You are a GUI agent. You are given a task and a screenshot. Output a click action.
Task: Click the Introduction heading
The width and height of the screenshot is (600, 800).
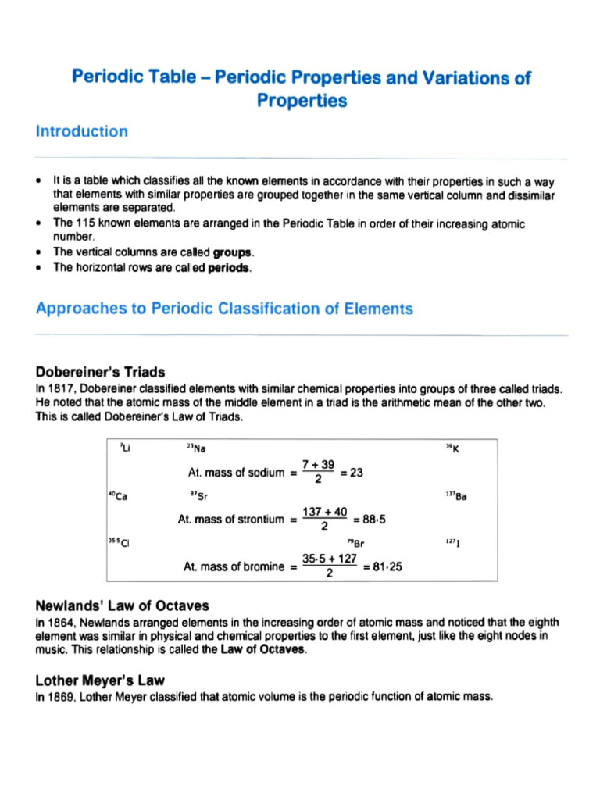click(82, 131)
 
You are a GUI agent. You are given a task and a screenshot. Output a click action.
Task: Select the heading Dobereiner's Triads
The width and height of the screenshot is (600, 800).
click(100, 371)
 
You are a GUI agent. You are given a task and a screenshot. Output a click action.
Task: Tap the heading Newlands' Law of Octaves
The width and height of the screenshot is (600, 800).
click(122, 606)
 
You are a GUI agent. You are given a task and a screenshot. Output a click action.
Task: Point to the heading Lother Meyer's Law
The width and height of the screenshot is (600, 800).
click(100, 680)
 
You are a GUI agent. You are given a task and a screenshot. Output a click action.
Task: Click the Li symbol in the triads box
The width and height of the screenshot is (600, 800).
click(124, 448)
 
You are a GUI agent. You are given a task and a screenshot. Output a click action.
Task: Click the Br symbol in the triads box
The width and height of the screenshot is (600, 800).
click(359, 542)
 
